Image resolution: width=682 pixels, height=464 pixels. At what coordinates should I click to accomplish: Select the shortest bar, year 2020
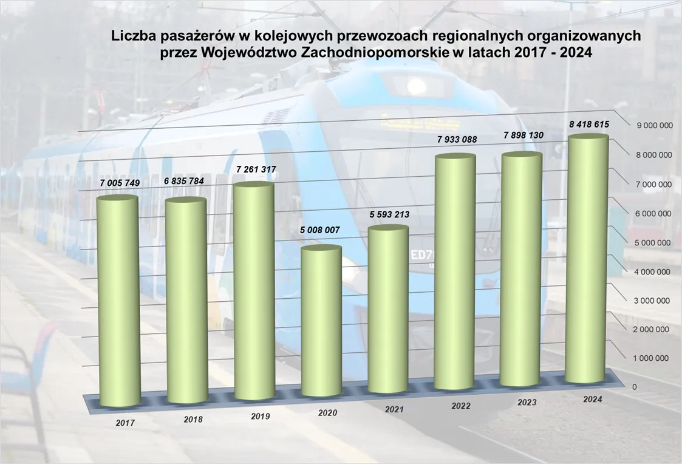321,322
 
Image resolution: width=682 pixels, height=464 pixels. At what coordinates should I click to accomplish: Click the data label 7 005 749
120,183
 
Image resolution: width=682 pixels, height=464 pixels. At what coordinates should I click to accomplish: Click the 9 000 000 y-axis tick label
653,126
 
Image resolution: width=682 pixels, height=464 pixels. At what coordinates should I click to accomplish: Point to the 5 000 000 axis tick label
653,242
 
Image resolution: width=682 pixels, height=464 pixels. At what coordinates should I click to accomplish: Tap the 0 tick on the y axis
635,387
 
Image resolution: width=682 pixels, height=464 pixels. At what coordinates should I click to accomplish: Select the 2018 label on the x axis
193,420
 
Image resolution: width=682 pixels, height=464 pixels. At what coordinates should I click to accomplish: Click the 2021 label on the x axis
394,410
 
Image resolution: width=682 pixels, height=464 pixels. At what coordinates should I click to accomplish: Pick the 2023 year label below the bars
527,402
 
